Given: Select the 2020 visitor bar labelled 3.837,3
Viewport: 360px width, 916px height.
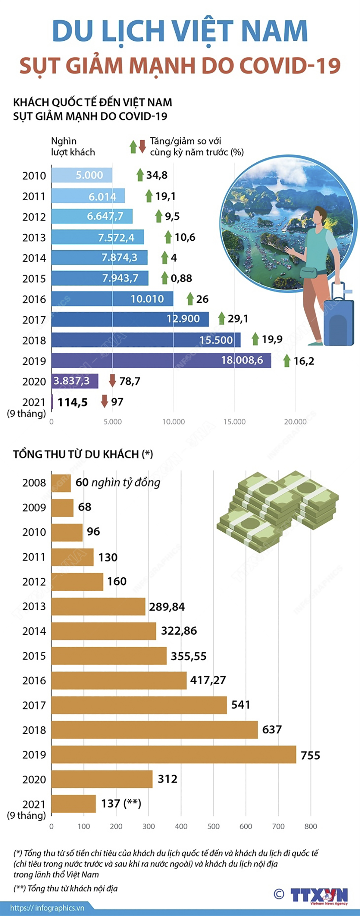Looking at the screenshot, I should [x=75, y=381].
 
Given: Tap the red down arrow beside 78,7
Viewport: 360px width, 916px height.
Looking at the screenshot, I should [x=112, y=381].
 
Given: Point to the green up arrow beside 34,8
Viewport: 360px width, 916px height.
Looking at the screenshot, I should [x=140, y=175].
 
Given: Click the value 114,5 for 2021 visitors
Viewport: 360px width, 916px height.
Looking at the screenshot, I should [x=73, y=402].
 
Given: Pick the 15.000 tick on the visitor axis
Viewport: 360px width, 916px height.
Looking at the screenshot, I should [x=234, y=422].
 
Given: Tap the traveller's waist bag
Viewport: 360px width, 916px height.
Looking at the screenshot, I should [x=308, y=272].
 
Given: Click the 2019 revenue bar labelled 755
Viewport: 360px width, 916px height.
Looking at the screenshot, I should [x=173, y=755].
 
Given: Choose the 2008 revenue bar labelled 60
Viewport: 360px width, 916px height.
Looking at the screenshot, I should [x=61, y=483].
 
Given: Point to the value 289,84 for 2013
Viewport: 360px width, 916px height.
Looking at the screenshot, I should [x=167, y=607].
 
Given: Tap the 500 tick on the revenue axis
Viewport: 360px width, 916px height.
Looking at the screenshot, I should [x=213, y=826].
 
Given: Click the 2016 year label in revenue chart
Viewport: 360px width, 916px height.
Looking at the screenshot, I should [x=34, y=680].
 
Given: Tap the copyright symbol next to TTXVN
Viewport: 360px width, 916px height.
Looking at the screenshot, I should [x=279, y=894].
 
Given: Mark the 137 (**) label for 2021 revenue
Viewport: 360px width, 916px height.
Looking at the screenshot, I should [x=121, y=804].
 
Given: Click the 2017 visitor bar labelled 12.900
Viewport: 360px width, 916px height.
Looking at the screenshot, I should [x=130, y=319].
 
